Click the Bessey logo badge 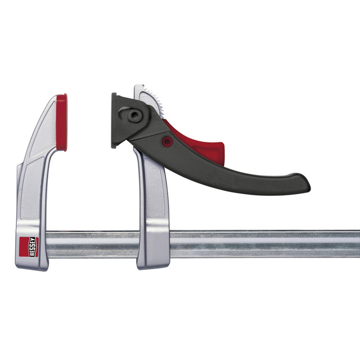[x=29, y=247]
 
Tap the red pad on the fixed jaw [x=62, y=122]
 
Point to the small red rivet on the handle [x=167, y=141]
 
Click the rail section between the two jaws [x=92, y=244]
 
